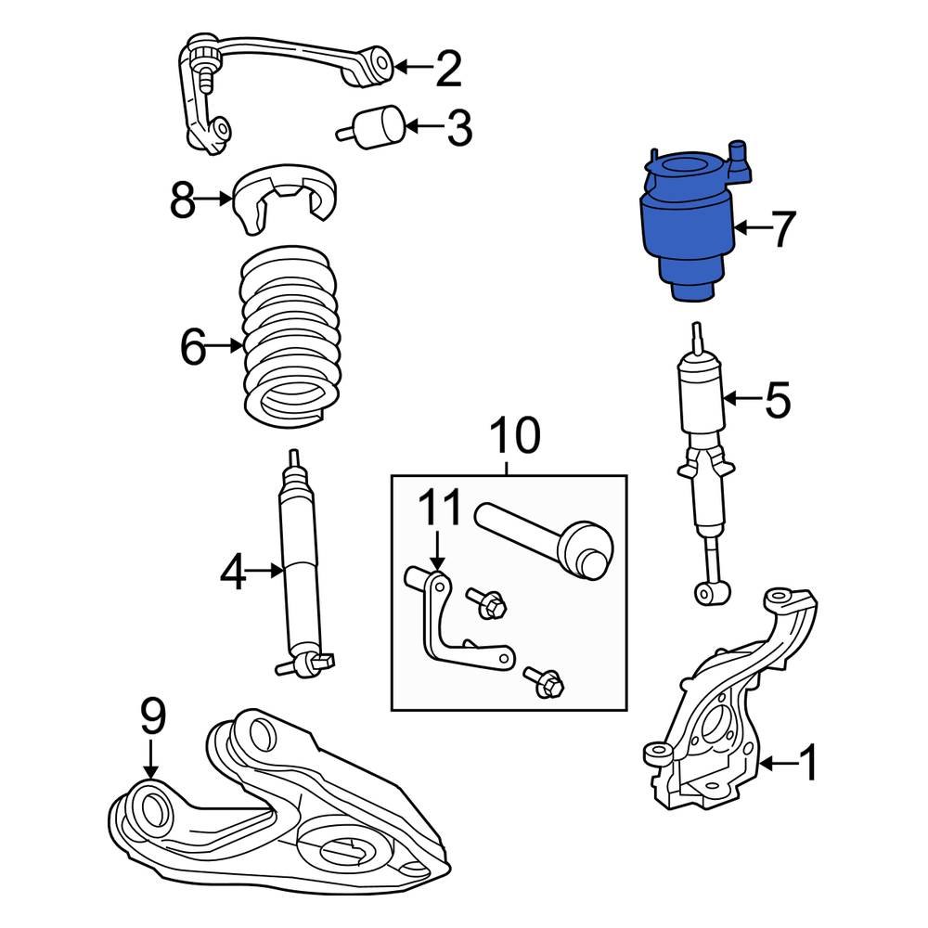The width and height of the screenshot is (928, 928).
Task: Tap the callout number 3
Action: tap(458, 129)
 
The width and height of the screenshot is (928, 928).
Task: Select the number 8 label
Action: tap(184, 200)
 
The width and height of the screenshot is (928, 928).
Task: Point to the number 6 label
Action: tap(192, 348)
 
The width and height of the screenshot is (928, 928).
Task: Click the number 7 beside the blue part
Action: tap(783, 229)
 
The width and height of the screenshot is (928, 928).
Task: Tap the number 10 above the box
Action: tap(513, 435)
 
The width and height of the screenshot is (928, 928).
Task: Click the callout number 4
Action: tap(234, 574)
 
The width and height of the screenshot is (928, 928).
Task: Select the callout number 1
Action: tap(807, 765)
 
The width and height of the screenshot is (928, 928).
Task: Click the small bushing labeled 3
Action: tap(379, 127)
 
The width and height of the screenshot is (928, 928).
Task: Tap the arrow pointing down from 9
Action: tap(151, 761)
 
